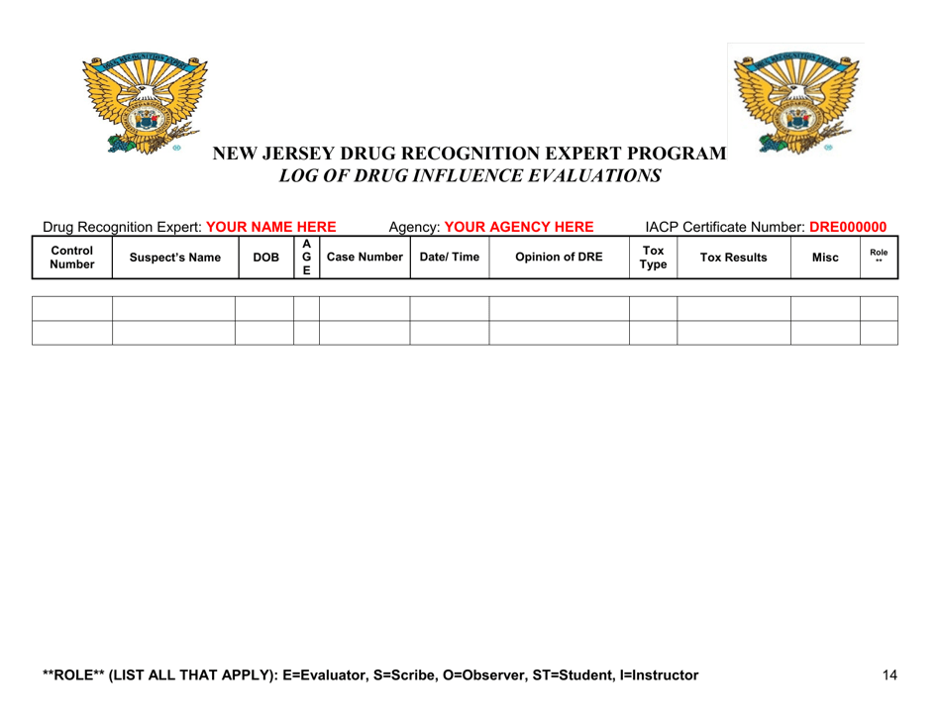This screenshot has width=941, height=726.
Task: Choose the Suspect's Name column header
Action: pos(173,258)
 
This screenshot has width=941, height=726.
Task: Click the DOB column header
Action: pos(264,258)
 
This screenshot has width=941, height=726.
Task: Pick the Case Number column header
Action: pos(364,258)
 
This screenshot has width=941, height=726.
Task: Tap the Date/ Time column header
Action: pos(449,258)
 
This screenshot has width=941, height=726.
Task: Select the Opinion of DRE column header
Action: pos(560,258)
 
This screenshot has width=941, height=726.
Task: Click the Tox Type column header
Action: pos(653,258)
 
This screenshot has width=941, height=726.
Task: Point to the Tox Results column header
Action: pos(733,258)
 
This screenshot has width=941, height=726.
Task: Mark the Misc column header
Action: pos(824,258)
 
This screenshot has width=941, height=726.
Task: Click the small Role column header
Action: pos(878,258)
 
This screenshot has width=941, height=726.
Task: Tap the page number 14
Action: pos(889,675)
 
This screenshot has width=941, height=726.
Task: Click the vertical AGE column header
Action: pos(306,258)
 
